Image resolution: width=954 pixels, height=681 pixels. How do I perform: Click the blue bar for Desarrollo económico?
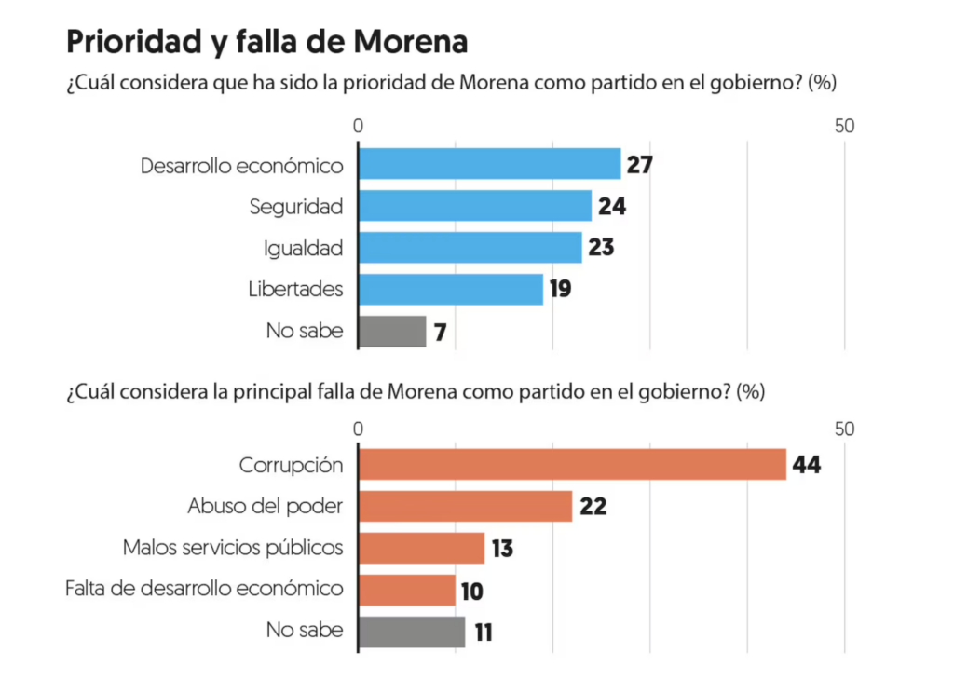(489, 164)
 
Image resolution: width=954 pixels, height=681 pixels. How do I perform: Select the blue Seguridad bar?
(475, 206)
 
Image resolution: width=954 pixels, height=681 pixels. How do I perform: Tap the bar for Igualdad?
(470, 248)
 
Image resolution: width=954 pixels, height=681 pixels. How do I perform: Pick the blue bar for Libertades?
(450, 290)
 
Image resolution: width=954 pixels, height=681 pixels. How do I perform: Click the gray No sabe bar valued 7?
(392, 332)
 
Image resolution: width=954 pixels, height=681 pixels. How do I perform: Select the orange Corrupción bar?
(572, 464)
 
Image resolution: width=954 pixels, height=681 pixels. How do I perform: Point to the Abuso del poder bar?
(465, 506)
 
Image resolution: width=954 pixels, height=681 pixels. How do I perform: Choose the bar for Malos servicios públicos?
(421, 548)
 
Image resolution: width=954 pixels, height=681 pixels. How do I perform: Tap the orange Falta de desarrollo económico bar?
(407, 590)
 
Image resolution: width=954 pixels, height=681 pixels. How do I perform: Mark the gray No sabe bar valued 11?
(412, 632)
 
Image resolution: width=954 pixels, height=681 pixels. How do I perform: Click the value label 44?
(806, 464)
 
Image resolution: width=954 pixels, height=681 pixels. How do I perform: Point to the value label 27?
(639, 165)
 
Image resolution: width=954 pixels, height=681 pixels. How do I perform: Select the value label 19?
(560, 290)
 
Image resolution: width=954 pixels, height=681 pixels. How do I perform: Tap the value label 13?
(502, 549)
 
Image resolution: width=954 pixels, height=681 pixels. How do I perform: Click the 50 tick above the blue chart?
(844, 127)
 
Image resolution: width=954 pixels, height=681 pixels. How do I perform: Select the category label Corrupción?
(291, 464)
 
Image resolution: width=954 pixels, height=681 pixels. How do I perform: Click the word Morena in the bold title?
(411, 43)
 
